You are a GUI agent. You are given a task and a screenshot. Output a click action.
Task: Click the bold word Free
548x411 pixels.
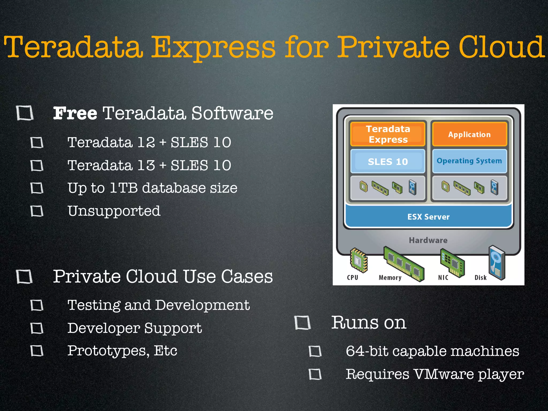tap(75, 113)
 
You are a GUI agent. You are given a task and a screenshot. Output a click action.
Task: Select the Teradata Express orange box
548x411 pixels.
tap(388, 134)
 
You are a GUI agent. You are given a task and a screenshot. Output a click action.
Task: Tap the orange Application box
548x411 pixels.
tap(469, 134)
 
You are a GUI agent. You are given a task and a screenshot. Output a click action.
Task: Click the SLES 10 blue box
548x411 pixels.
tap(388, 162)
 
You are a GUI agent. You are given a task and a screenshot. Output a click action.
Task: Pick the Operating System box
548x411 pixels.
tap(469, 161)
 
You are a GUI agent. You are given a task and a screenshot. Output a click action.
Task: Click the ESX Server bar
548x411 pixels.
tap(428, 217)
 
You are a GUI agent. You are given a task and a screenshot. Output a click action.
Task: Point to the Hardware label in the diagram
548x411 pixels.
tap(428, 240)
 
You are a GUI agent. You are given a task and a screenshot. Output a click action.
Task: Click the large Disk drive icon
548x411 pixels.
tap(497, 262)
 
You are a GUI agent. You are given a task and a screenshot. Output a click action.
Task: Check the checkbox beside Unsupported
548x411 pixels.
tap(37, 211)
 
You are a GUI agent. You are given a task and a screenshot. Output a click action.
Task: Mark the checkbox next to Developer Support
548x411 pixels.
tap(37, 328)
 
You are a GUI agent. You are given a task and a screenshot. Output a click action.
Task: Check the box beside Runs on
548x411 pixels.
tap(302, 323)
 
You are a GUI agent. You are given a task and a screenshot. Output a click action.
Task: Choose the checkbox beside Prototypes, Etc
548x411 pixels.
tap(37, 351)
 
